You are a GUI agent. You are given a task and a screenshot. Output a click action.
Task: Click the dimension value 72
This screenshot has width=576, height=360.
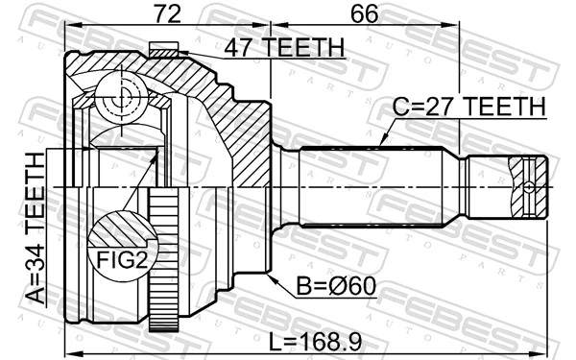tap(169, 13)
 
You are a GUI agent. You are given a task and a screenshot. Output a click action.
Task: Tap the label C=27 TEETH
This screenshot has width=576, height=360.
tap(468, 106)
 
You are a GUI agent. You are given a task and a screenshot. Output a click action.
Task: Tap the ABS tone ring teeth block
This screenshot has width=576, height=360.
tap(164, 259)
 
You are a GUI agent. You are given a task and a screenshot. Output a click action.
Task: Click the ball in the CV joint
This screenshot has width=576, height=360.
tap(124, 99)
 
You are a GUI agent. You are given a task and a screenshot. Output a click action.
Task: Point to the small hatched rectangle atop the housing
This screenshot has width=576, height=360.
tap(164, 48)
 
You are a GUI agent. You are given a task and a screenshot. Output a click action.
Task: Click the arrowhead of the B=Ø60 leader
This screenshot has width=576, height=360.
tap(273, 277)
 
